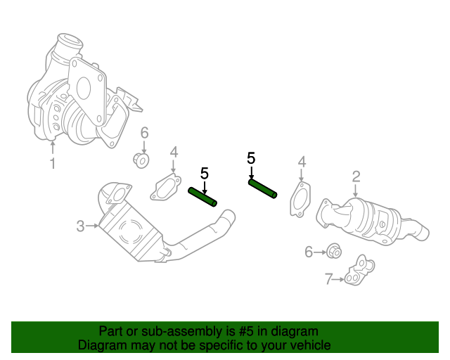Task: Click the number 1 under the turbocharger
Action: (52, 165)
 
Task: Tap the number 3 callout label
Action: (81, 226)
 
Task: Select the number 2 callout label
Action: (356, 176)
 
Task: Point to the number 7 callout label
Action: (328, 279)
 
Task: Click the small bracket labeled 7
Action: (359, 271)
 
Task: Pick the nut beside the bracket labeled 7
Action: (334, 250)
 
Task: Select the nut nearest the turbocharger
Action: (141, 161)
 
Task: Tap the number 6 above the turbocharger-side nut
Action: (144, 133)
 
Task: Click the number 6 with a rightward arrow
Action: (308, 252)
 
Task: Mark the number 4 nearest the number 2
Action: (302, 163)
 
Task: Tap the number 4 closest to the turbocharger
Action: (174, 153)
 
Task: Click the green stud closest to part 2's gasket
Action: (263, 188)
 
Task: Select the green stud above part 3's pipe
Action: (202, 197)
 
